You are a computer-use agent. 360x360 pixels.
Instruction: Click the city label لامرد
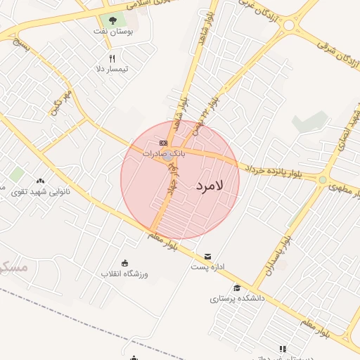coord(210,186)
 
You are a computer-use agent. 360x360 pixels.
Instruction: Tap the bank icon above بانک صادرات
coord(164,143)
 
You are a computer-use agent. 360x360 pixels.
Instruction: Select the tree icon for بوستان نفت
coord(113,21)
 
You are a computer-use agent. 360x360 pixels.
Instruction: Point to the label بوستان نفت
coord(116,32)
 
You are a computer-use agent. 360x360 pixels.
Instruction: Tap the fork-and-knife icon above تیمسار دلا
coord(111,58)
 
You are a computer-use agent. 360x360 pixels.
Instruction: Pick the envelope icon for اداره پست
coord(207,257)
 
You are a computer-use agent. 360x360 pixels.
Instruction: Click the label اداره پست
coord(207,267)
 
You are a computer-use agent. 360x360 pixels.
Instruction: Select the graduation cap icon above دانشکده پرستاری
coord(237,288)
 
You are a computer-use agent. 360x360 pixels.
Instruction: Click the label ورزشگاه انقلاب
coord(124,273)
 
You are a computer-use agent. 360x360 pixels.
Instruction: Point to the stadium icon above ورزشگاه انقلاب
coord(125,262)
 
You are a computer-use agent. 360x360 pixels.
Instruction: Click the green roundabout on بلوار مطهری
coord(322,181)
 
